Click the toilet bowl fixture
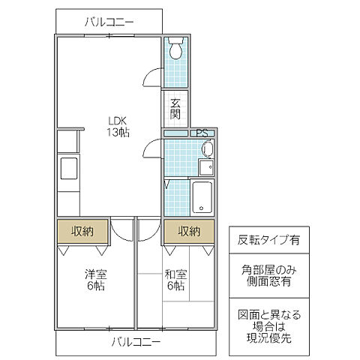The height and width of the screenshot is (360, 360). click(175, 49)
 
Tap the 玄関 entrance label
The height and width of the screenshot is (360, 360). click(175, 109)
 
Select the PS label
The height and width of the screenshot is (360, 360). click(201, 133)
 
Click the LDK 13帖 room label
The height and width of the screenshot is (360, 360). click(117, 126)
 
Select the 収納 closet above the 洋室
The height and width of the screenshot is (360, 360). click(82, 231)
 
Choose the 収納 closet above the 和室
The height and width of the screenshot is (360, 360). click(189, 231)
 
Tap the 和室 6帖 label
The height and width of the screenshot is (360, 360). click(175, 280)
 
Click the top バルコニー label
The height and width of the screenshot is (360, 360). click(108, 22)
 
